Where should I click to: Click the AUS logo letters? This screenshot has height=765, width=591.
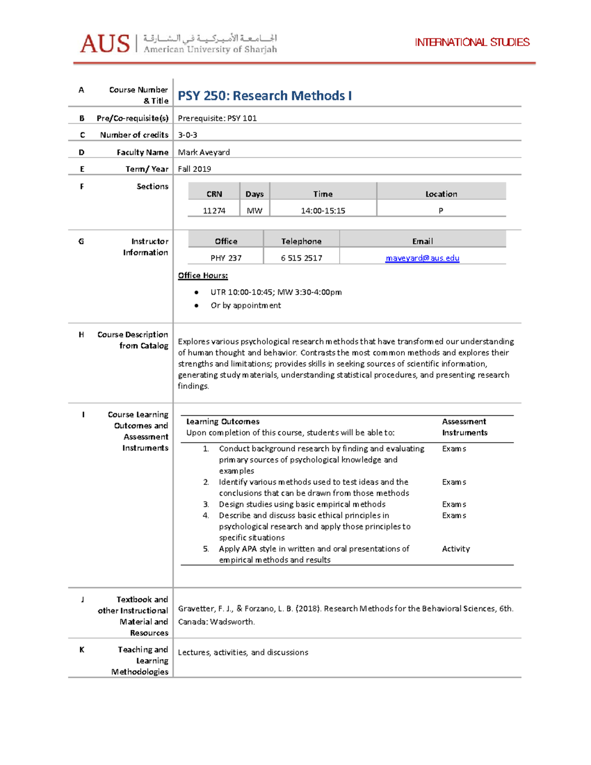click(x=104, y=44)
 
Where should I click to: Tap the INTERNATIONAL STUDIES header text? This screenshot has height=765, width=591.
click(x=472, y=42)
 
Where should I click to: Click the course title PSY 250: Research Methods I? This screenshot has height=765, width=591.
click(x=264, y=96)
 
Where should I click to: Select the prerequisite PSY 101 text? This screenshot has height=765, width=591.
click(x=217, y=118)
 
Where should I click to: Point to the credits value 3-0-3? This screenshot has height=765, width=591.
click(x=188, y=135)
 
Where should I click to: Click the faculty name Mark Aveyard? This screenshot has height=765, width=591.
click(x=204, y=152)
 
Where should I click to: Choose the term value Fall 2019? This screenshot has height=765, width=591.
click(x=195, y=169)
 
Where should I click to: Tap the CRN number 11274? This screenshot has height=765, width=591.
click(x=214, y=211)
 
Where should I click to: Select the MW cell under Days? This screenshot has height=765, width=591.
click(x=255, y=211)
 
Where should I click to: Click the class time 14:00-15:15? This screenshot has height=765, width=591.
click(x=323, y=211)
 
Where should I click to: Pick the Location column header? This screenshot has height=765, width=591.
click(x=441, y=194)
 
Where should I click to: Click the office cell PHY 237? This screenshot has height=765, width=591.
click(x=226, y=258)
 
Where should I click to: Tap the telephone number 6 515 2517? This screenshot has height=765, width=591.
click(x=301, y=258)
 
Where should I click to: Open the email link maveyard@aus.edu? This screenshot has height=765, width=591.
click(x=422, y=258)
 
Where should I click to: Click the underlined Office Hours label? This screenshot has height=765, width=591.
click(x=203, y=276)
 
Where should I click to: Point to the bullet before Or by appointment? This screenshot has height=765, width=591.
click(x=197, y=305)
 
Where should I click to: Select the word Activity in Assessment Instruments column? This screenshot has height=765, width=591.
click(x=456, y=549)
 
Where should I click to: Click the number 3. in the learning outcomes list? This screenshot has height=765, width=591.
click(x=206, y=504)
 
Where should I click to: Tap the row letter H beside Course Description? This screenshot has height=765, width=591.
click(x=81, y=335)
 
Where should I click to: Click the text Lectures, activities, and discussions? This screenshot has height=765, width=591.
click(x=243, y=653)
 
